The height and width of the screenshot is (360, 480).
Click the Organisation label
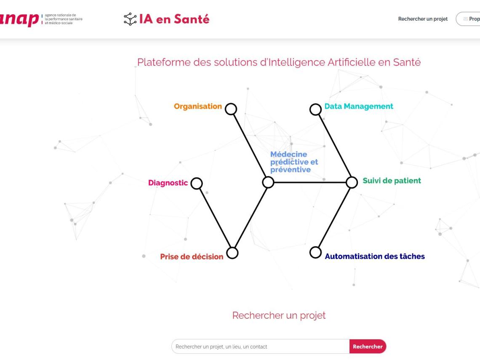pos(198,107)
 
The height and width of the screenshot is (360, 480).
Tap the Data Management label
pos(359,107)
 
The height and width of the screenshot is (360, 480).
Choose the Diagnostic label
pos(168,183)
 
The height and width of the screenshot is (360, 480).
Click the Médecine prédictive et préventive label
pos(294,162)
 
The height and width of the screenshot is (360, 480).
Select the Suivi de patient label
pos(392,181)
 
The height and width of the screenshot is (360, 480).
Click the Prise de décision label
pos(192,256)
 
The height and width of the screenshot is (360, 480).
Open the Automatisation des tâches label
pos(375,256)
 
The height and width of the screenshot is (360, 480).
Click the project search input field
pos(260,347)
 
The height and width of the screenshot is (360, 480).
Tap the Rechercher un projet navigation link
pos(423,19)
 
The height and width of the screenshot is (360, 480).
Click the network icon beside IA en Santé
pos(130,19)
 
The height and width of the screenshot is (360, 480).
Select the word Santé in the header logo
pos(192,19)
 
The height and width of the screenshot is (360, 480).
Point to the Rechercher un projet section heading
pos(279,315)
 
